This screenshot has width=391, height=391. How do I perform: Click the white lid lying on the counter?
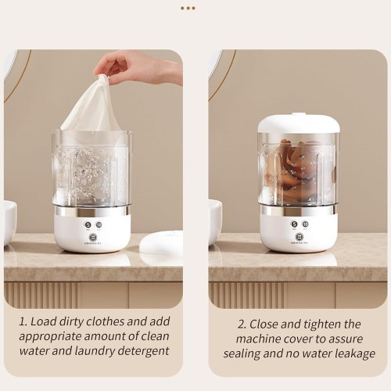point(162,243)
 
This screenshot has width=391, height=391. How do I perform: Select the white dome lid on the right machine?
point(299,123)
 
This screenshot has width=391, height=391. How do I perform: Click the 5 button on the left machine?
point(88,224)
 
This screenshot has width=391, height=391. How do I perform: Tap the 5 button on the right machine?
point(295,224)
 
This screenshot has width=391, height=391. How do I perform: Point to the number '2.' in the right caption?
point(242,325)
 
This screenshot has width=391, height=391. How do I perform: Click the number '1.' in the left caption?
point(23,321)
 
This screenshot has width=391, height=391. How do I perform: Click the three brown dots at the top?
point(188,9)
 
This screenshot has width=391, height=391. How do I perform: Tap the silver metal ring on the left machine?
point(91,210)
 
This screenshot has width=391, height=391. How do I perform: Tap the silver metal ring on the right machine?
point(298,210)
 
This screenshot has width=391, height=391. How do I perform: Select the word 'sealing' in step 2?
point(242,354)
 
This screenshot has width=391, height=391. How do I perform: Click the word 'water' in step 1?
point(34,351)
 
